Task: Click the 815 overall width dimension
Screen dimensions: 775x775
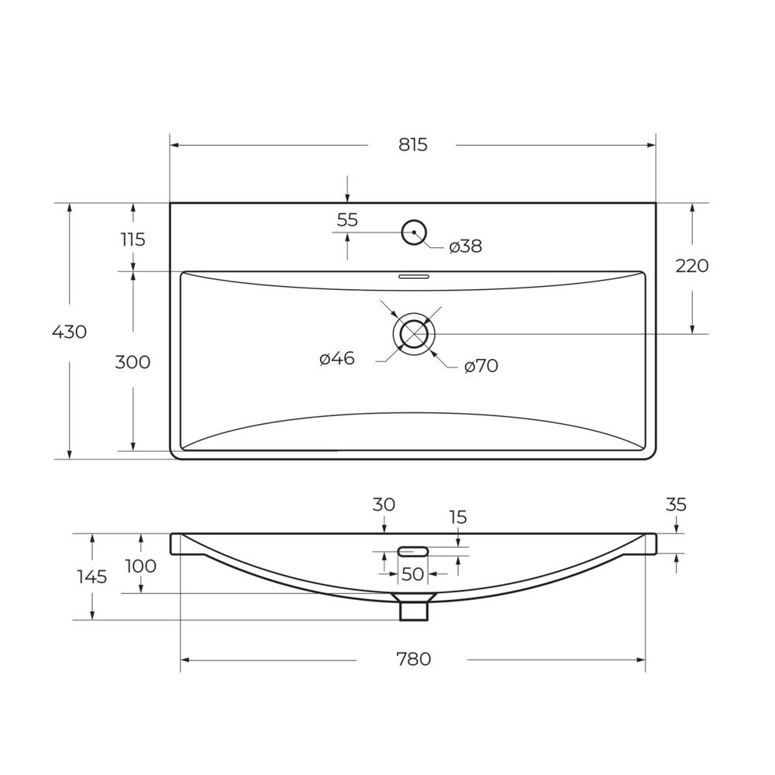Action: (412, 145)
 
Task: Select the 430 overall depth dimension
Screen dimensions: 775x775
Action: (69, 332)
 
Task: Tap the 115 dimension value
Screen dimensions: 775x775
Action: (133, 240)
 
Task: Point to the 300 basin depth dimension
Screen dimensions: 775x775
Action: (133, 362)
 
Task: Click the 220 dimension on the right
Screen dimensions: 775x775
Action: (691, 266)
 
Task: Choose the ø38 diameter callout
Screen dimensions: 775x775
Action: (466, 246)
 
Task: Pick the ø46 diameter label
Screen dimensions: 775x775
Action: (337, 359)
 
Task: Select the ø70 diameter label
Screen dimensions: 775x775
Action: (481, 367)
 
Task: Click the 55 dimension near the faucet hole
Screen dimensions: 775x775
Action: (347, 220)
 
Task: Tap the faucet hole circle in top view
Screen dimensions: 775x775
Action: (414, 232)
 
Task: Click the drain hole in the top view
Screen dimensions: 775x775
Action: (414, 334)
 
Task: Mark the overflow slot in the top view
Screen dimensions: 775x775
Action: (413, 276)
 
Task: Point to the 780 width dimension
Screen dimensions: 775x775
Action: (413, 660)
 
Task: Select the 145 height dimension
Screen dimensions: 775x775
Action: (91, 577)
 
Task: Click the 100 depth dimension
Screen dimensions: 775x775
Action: (140, 567)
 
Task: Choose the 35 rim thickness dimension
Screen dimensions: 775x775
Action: (676, 505)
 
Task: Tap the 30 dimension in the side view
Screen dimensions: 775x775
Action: (384, 505)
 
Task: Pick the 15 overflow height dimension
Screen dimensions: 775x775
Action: (457, 518)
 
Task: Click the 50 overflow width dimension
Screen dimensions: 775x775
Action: (412, 574)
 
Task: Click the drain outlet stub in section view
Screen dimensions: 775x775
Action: (413, 610)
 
